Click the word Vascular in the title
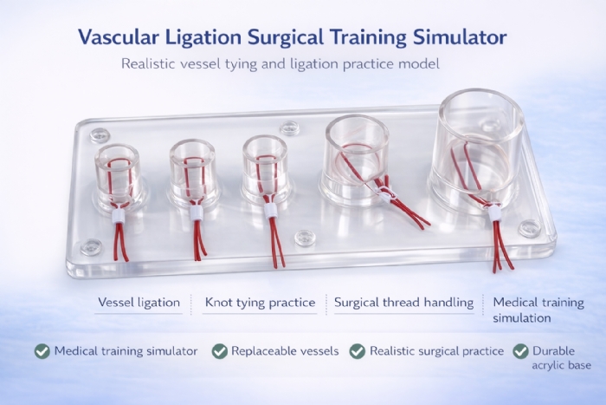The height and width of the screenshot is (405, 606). pos(117,37)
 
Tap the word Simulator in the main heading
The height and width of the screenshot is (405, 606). pos(461,37)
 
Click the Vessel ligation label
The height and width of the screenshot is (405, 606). pos(139,303)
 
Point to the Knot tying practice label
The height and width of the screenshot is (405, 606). pos(260,303)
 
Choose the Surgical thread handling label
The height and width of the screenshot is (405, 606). pos(404,303)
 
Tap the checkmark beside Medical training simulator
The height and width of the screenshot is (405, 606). pos(42,351)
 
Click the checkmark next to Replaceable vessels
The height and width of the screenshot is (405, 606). pos(220,351)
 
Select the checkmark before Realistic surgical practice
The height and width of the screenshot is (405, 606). pos(357,351)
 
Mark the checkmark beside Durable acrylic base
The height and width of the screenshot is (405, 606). pos(520,351)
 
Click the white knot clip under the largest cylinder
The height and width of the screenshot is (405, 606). pos(494,213)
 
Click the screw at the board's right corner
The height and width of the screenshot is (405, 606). pos(529,229)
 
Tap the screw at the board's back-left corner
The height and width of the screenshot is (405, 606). pos(100,134)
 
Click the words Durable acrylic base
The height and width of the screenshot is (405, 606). pos(553,358)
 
